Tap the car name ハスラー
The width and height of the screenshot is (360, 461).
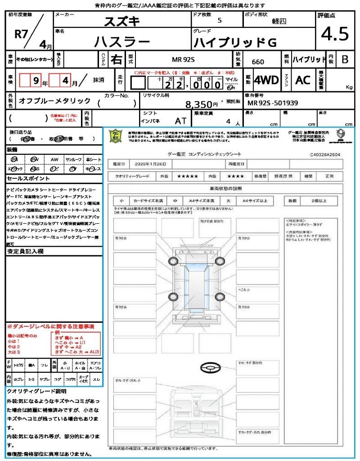121,42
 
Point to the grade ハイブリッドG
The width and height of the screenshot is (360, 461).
234,43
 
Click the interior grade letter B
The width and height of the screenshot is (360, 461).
345,59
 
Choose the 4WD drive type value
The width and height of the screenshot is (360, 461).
266,80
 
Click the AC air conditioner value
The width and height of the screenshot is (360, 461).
303,80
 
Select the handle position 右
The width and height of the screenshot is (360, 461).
116,59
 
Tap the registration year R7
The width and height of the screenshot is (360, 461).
21,35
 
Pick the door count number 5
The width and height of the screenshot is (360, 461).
219,20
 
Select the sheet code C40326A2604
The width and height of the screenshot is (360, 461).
325,154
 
